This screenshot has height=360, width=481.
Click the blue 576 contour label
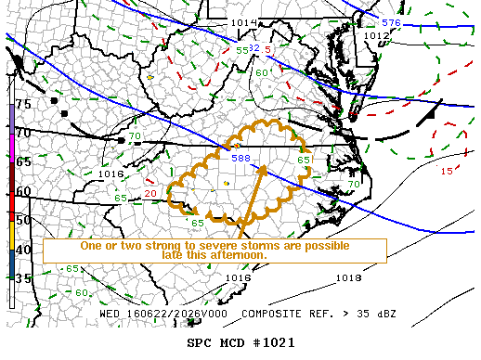[x=391, y=22]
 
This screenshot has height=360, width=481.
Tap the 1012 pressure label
[x=376, y=35]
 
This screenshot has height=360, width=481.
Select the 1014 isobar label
[x=243, y=22]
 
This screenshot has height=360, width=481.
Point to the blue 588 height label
[x=240, y=159]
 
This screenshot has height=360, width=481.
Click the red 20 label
[x=149, y=193]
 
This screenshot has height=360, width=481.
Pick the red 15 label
[x=447, y=171]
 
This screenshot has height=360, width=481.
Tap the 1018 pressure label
[x=348, y=277]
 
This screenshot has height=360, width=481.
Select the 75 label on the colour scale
[x=23, y=105]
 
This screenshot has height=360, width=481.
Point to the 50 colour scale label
[x=23, y=219]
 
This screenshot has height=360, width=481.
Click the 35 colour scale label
[x=23, y=277]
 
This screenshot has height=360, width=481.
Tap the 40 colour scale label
[x=23, y=248]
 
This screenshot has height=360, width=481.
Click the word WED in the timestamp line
[x=110, y=314]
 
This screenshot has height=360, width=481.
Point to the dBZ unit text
[x=383, y=314]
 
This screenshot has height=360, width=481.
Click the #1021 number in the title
[x=276, y=341]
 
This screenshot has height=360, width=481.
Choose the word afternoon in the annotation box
[x=237, y=255]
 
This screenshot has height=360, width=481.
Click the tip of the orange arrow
[x=265, y=165]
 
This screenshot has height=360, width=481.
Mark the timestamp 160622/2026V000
[x=173, y=314]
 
